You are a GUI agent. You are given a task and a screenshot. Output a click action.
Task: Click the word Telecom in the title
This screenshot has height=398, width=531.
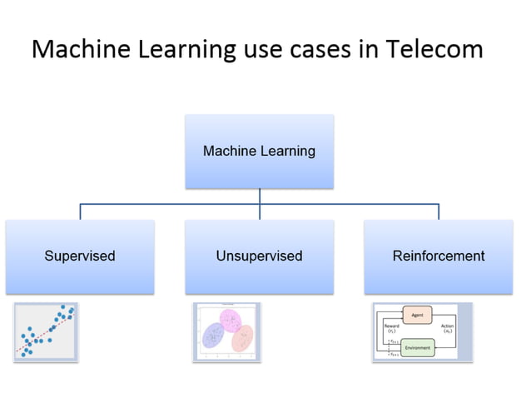tap(434, 49)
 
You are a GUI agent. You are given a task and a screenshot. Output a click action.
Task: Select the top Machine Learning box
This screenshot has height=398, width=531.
tap(259, 151)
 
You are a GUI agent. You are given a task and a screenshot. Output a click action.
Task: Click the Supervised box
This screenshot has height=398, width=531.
tap(80, 256)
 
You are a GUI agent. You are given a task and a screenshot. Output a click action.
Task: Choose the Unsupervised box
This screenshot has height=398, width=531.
tap(259, 256)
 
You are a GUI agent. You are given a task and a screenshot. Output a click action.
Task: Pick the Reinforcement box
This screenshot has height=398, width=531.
tap(439, 256)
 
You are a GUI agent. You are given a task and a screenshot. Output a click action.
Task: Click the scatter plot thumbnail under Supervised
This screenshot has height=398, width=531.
tap(47, 332)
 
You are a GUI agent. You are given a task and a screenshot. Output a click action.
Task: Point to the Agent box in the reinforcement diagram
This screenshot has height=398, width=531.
tap(417, 315)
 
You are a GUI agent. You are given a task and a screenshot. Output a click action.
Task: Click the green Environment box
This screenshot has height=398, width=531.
tap(418, 347)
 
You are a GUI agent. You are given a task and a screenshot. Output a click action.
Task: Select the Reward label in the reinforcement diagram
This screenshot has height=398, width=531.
tap(391, 326)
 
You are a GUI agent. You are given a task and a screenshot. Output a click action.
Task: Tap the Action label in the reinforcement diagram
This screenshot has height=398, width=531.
tap(448, 326)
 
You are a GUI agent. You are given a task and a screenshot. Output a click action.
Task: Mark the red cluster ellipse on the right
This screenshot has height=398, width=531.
tap(242, 337)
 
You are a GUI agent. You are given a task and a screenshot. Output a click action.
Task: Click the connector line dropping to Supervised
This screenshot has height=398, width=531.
tap(80, 211)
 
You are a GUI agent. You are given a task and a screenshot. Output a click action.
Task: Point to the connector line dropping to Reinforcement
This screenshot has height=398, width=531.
tap(439, 211)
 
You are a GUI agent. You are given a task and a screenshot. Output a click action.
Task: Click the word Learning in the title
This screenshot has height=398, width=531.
tap(181, 49)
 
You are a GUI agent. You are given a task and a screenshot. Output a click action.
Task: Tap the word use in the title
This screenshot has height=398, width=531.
tap(261, 49)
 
